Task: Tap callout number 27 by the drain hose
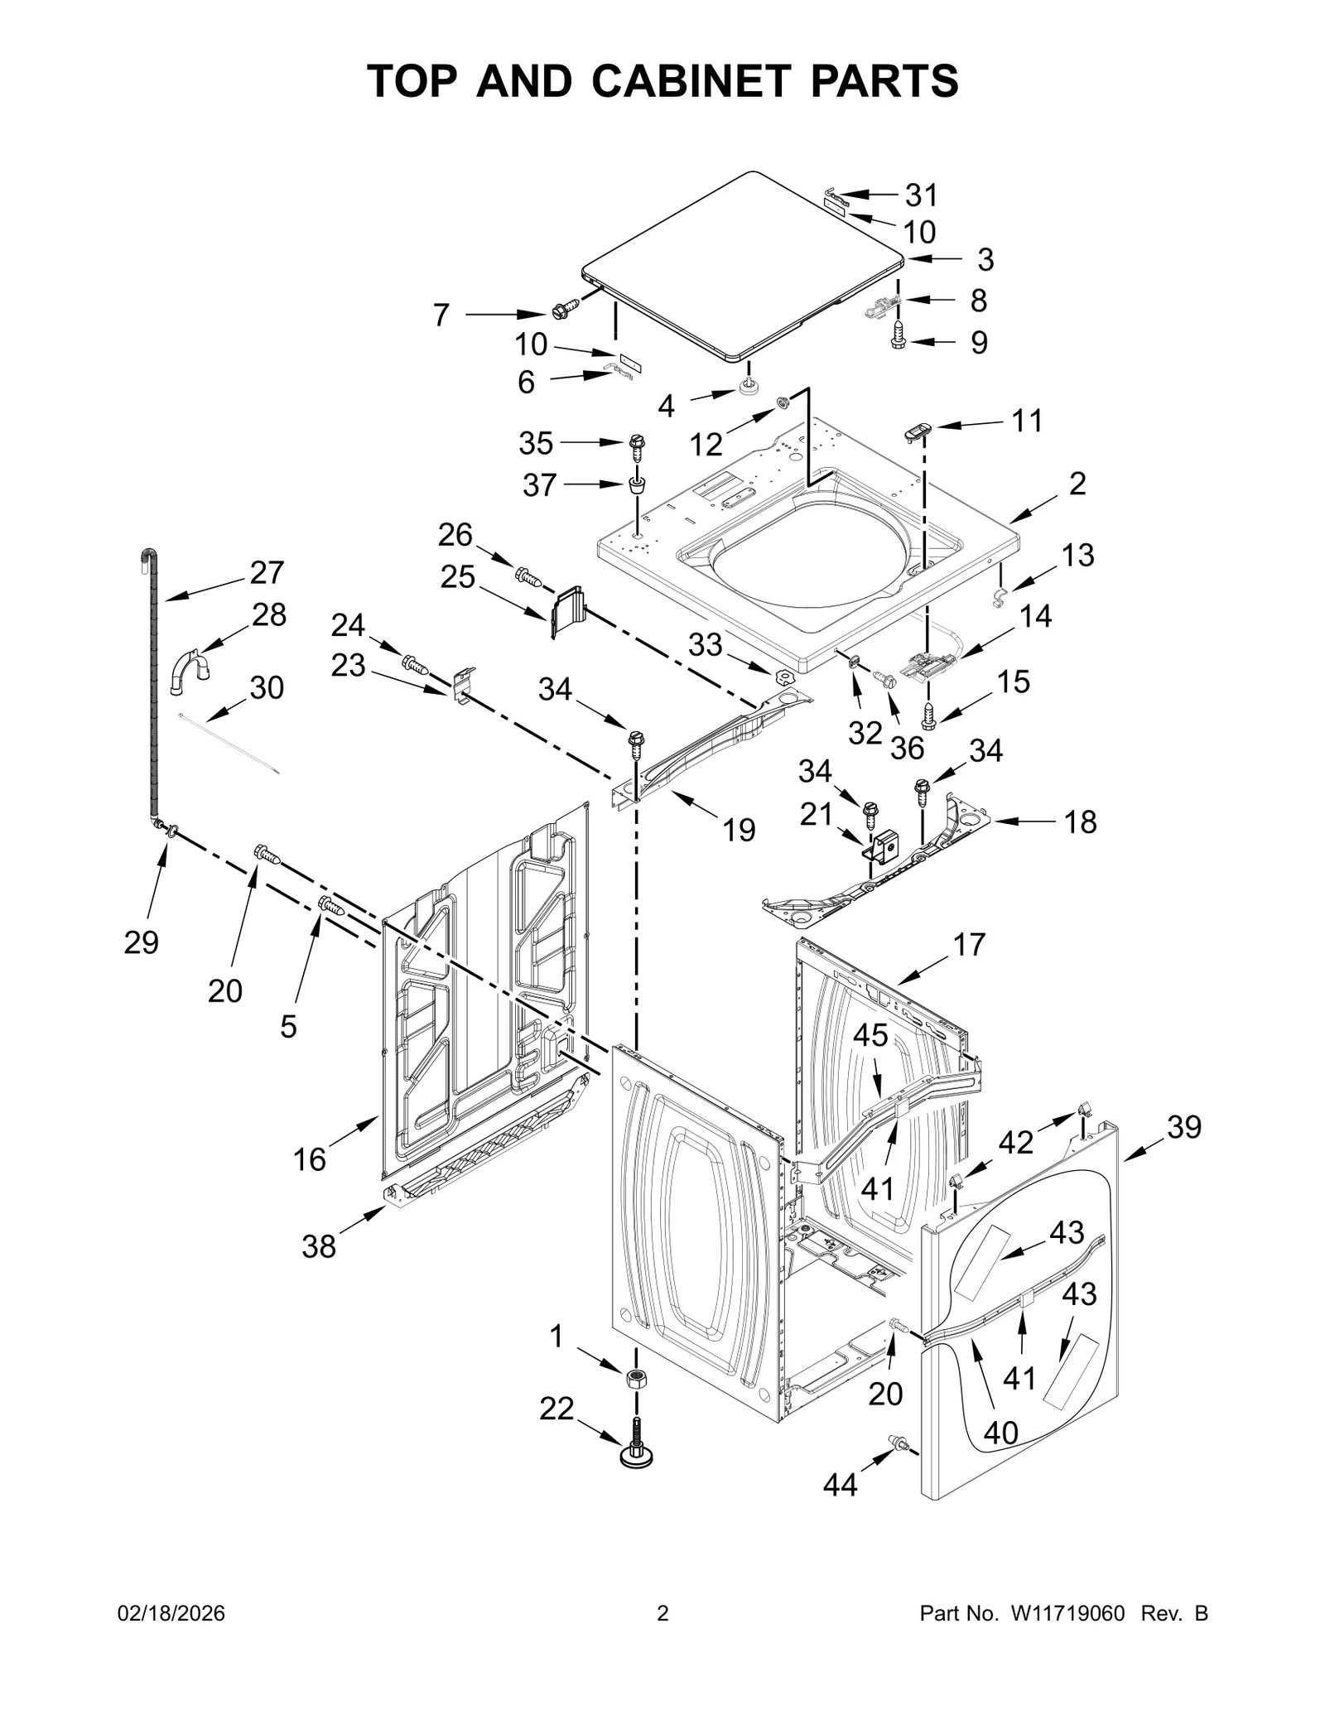[267, 572]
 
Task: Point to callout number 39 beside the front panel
[1183, 1127]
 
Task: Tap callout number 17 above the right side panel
[969, 944]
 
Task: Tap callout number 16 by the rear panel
[309, 1159]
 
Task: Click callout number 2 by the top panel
[1077, 483]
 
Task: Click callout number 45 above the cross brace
[870, 1035]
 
